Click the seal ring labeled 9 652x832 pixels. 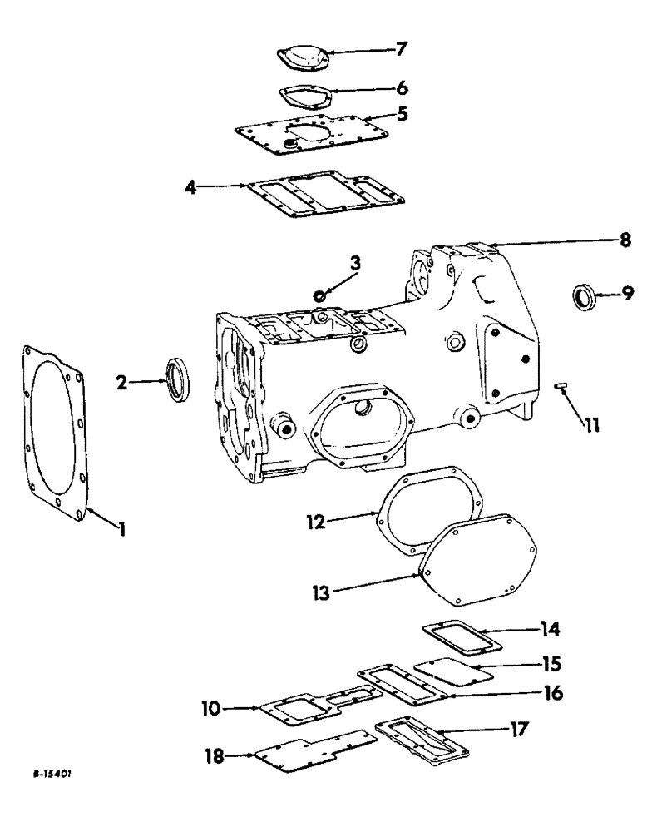click(x=585, y=295)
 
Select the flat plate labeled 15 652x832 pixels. click(x=447, y=672)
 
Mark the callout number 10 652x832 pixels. click(x=211, y=708)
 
